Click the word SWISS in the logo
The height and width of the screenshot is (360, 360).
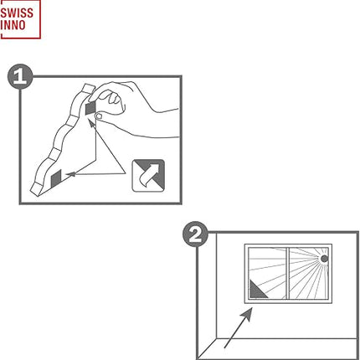point(17,13)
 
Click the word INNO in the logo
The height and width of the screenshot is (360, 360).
point(13,25)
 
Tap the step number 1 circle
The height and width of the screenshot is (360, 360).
point(20,76)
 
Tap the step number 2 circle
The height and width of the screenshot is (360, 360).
point(195,234)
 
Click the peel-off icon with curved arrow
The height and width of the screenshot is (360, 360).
point(148,176)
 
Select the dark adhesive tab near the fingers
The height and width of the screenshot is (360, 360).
point(90,108)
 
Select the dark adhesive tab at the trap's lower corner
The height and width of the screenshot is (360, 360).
point(56,178)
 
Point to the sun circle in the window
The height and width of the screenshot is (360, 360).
point(324,259)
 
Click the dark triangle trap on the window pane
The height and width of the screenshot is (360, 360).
point(257,291)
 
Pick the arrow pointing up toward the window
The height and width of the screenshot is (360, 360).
point(239,327)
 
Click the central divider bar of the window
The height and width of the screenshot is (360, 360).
point(288,274)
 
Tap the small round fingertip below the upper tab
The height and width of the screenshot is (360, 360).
point(99,116)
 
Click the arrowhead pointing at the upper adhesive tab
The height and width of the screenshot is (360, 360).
point(91,123)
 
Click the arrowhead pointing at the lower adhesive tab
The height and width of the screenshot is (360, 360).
point(70,174)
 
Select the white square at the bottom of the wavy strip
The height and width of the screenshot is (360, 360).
point(35,189)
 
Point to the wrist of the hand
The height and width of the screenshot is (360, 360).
point(167,123)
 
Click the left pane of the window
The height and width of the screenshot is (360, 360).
point(267,274)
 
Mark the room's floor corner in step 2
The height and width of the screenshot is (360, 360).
point(217,339)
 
